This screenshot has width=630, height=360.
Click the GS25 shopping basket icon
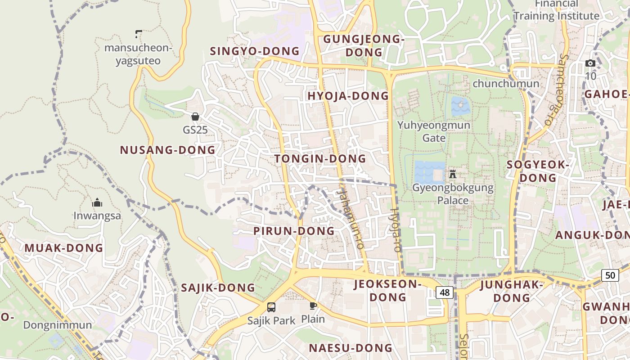[195, 117]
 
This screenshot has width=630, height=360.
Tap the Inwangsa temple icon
[97, 202]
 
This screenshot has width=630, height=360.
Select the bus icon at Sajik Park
[271, 307]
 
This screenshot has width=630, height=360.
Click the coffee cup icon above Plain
[313, 306]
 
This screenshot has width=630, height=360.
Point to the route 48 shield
[445, 292]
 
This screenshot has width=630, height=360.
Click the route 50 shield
[610, 275]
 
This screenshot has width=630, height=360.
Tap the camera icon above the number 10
[590, 63]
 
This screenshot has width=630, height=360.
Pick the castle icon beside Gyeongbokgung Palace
[453, 174]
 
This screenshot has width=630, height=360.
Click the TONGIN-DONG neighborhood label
[320, 159]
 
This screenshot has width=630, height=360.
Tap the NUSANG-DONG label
[168, 150]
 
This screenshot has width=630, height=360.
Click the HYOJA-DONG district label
[348, 96]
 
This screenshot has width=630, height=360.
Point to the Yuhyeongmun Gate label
[434, 131]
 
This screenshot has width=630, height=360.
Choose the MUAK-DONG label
[64, 248]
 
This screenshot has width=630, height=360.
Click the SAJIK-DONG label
[218, 288]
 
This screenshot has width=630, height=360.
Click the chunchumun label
[506, 84]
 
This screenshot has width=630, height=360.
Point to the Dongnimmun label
[58, 325]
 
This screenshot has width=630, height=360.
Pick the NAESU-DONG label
[351, 348]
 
